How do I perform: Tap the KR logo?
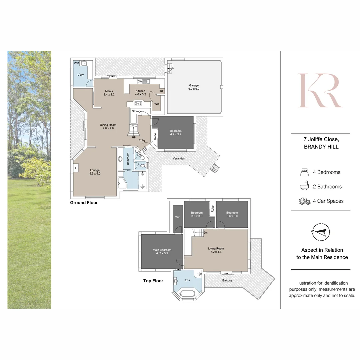[x=320, y=91]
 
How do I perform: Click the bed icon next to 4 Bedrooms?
[x=304, y=172]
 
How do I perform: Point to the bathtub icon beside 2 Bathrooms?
[x=304, y=186]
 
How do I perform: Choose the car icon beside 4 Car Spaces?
[x=304, y=201]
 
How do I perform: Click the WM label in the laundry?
[x=76, y=63]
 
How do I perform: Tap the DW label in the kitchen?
[x=140, y=81]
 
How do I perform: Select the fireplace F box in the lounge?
[x=76, y=168]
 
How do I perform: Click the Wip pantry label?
[x=157, y=104]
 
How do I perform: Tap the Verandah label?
[x=179, y=158]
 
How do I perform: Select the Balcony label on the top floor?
[x=227, y=280]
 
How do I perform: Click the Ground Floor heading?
[x=84, y=203]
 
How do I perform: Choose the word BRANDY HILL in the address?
[x=321, y=147]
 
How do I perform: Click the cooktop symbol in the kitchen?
[x=138, y=104]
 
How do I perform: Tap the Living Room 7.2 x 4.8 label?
[x=216, y=250]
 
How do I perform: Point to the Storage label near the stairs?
[x=137, y=111]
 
